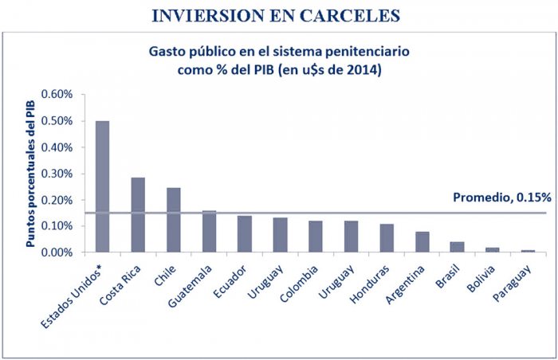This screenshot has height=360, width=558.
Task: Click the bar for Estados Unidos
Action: tap(102, 186)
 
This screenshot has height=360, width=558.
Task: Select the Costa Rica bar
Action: tap(138, 215)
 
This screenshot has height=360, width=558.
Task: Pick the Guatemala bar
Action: tap(209, 232)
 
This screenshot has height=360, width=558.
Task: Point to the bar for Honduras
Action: tap(387, 238)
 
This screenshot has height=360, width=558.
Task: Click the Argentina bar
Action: tap(422, 242)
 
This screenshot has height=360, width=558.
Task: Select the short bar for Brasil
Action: tap(458, 247)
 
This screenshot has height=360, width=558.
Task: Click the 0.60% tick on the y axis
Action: tap(57, 95)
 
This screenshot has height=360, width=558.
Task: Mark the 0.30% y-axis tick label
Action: tap(57, 174)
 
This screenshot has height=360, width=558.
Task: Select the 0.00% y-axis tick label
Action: tap(57, 252)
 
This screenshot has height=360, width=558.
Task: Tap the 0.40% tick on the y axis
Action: tap(57, 147)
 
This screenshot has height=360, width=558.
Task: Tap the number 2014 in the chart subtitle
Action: tap(360, 69)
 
